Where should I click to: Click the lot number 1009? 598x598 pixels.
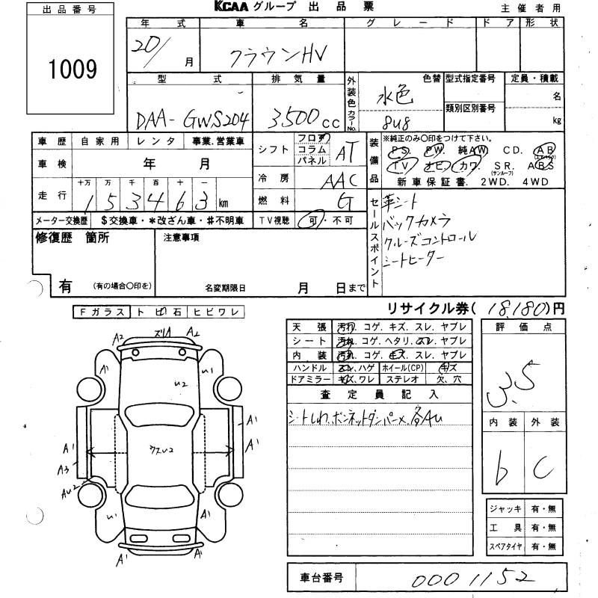[73, 70]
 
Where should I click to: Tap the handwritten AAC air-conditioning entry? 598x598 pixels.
[339, 180]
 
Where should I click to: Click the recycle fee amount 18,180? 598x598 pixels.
[515, 308]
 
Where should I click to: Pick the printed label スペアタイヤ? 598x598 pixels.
[505, 544]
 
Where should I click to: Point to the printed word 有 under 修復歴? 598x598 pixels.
[66, 286]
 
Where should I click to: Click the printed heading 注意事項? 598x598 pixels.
[181, 238]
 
